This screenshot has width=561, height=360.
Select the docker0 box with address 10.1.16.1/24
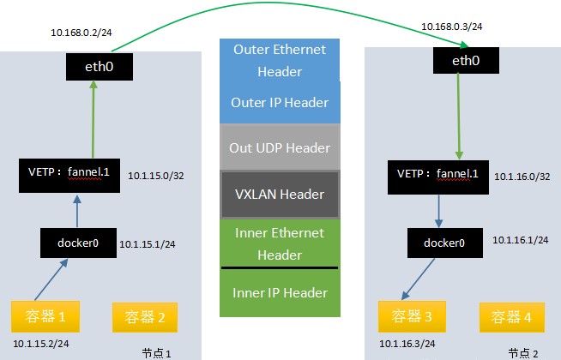pyautogui.click(x=443, y=243)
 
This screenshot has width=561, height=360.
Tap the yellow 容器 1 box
pyautogui.click(x=44, y=317)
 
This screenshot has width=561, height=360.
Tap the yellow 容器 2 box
pyautogui.click(x=145, y=317)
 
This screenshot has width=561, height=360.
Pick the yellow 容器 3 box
pyautogui.click(x=413, y=317)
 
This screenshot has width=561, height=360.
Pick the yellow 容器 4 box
pyautogui.click(x=511, y=317)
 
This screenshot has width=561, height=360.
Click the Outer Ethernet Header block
pyautogui.click(x=280, y=60)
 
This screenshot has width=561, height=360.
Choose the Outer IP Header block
pyautogui.click(x=280, y=103)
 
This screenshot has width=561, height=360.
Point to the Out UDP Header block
pyautogui.click(x=280, y=147)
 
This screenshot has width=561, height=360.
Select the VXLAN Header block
pyautogui.click(x=280, y=194)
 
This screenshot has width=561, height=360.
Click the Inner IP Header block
pyautogui.click(x=280, y=293)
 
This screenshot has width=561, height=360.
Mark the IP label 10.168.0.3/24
pyautogui.click(x=451, y=27)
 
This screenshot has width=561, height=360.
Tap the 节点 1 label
pyautogui.click(x=157, y=352)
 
